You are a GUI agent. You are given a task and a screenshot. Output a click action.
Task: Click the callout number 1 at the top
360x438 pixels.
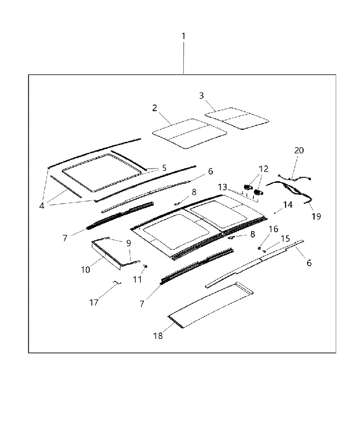(183, 36)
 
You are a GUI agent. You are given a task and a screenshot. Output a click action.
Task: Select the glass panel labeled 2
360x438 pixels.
(189, 133)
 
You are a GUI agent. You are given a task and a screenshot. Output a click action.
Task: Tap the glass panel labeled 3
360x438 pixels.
(237, 118)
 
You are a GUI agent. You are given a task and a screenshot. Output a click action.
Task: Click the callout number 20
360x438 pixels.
(299, 150)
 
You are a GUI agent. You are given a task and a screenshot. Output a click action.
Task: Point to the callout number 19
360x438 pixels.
(316, 216)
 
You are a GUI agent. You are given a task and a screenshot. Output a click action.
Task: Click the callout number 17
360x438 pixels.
(94, 303)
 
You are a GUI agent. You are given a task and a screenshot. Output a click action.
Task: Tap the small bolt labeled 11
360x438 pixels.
(145, 266)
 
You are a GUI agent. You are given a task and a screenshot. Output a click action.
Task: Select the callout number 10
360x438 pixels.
(86, 269)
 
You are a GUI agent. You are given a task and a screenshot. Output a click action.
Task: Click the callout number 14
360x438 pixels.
(288, 205)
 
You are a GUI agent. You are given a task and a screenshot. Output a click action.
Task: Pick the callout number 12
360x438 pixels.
(264, 169)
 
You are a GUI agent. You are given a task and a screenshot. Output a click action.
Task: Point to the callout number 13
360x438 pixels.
(223, 187)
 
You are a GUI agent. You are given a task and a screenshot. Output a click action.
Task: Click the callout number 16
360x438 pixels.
(274, 229)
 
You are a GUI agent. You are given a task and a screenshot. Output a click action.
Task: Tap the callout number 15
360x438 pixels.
(285, 239)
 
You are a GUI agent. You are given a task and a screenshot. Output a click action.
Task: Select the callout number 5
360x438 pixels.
(164, 168)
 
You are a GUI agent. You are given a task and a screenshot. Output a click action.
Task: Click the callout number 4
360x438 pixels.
(42, 206)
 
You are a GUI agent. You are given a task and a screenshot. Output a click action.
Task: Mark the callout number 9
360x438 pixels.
(129, 243)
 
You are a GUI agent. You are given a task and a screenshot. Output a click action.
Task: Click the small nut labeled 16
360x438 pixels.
(259, 247)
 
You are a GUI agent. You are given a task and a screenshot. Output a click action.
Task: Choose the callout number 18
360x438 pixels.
(158, 336)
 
